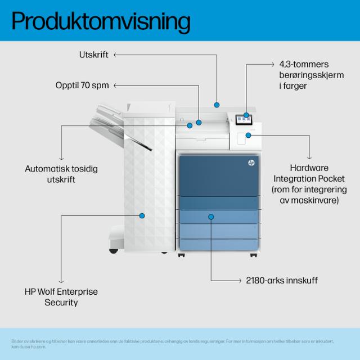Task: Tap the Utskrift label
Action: point(93,55)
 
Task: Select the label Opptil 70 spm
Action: point(82,85)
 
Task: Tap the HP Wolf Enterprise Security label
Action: point(61,297)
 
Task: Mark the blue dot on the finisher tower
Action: point(142,215)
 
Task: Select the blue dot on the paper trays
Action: point(211,216)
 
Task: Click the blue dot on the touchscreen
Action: point(246,115)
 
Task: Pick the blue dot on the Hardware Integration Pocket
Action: point(248,135)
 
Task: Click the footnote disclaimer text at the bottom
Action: point(174,343)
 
